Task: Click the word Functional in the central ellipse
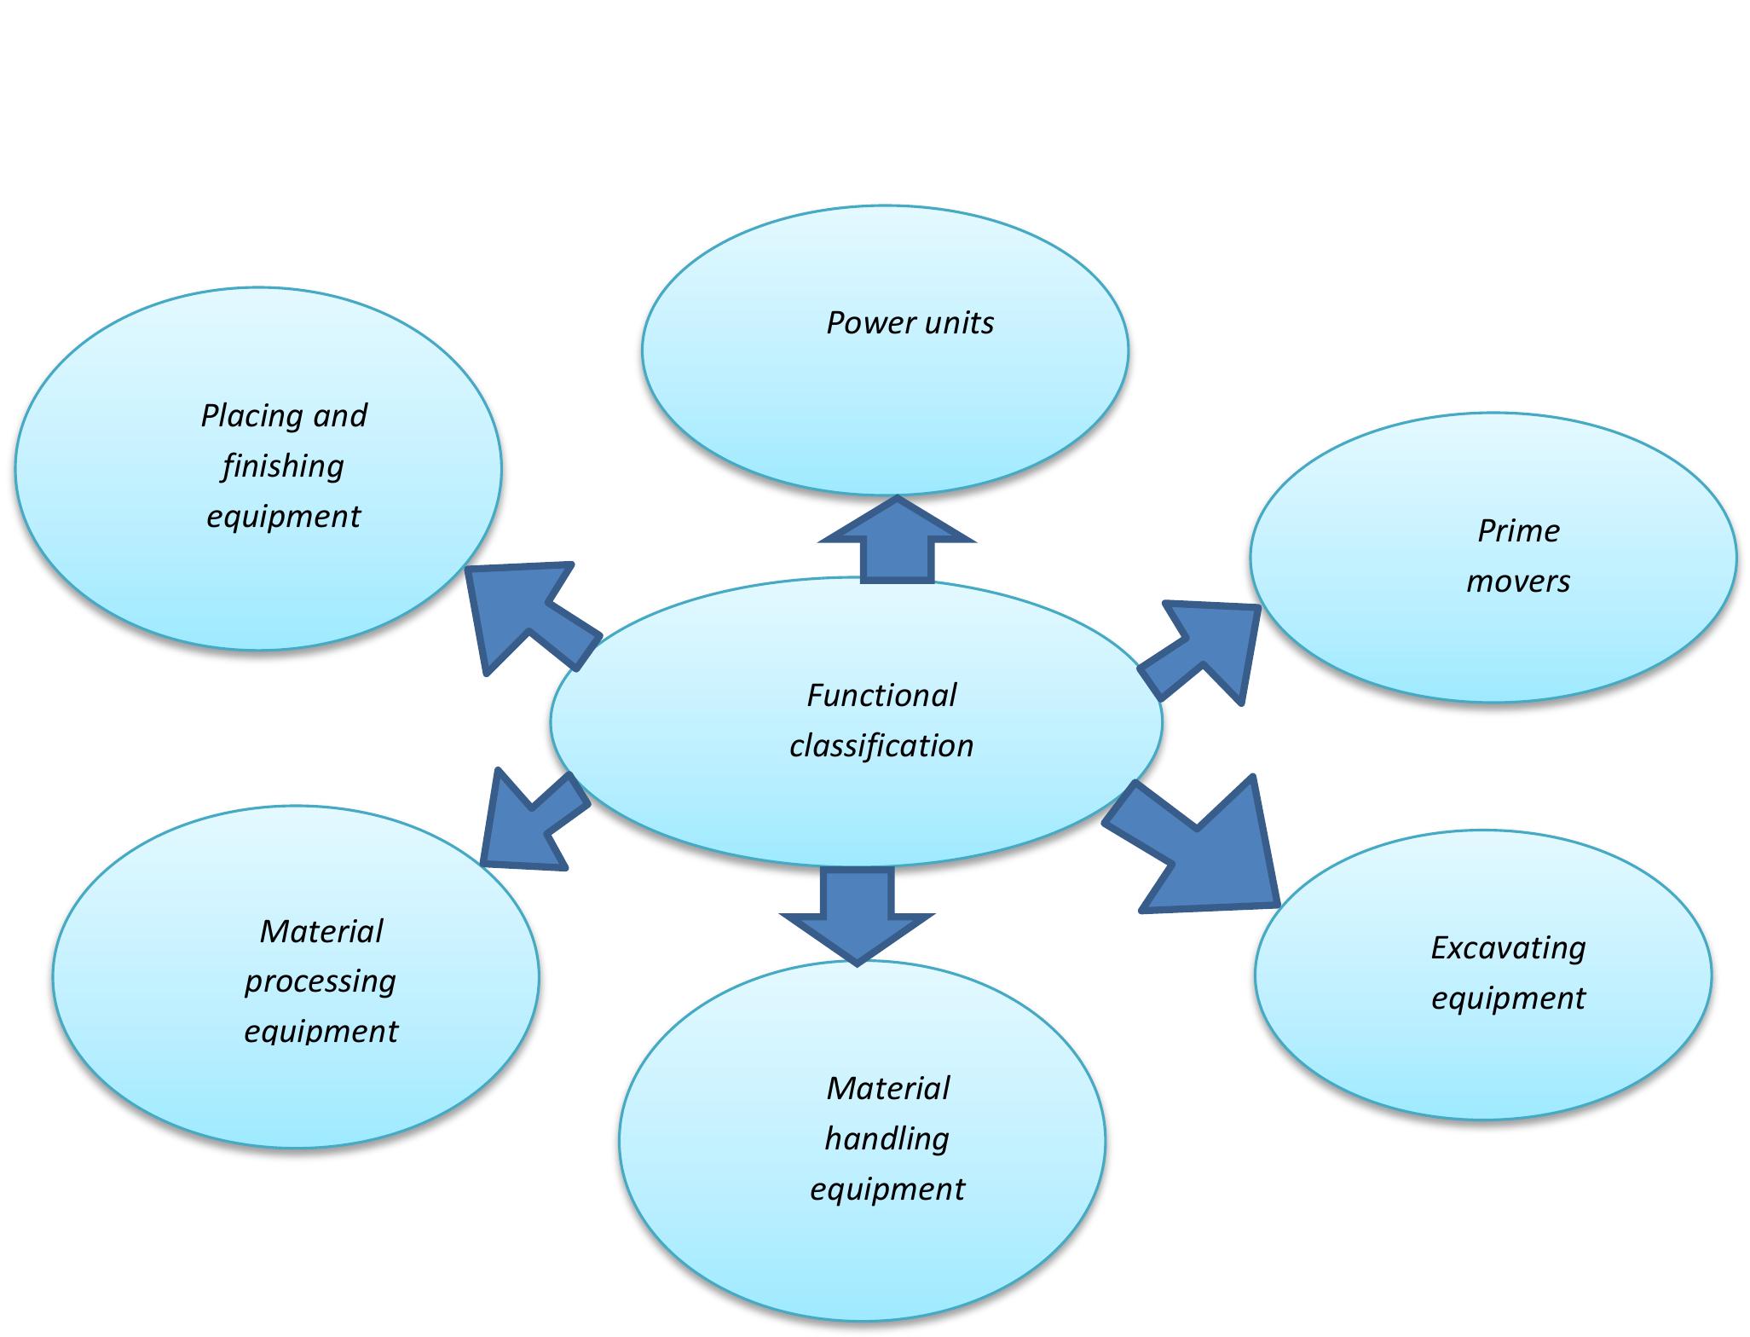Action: [881, 696]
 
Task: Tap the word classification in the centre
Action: [881, 746]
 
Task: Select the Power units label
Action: [910, 323]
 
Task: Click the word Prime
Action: [1518, 531]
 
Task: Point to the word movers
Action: [1518, 582]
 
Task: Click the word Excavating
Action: [1508, 947]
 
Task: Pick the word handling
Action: [887, 1138]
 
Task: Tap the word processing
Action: [321, 981]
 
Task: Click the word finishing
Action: [283, 466]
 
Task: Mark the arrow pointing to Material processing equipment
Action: [528, 823]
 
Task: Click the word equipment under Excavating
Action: [1508, 998]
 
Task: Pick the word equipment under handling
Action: [887, 1189]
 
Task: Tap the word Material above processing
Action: [321, 931]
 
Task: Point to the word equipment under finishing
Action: [283, 517]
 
